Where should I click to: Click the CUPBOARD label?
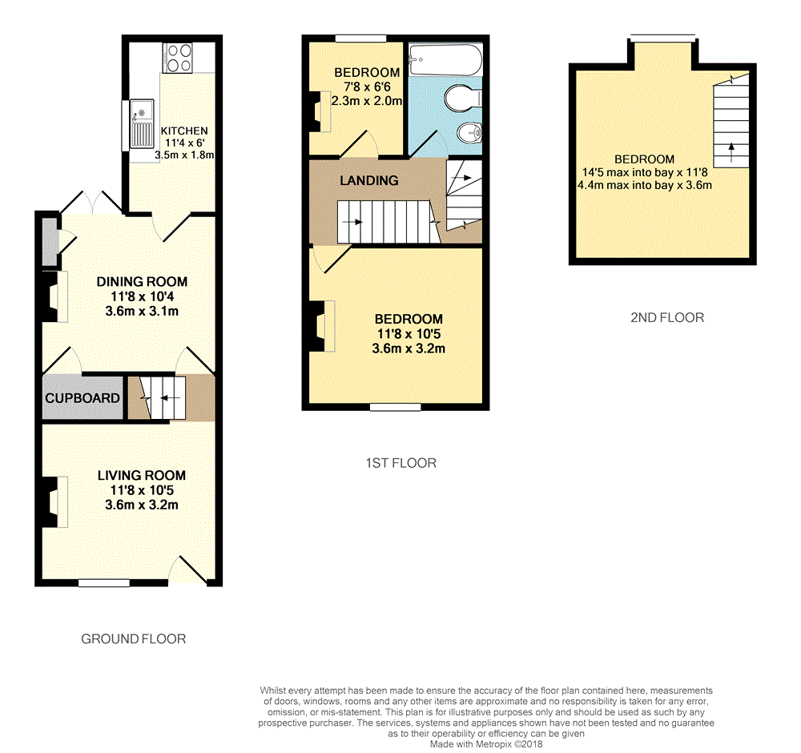pos(83,398)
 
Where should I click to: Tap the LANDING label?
pos(368,180)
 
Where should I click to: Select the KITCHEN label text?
pos(184,131)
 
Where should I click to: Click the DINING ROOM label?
pos(142,281)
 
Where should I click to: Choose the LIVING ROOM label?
pos(142,475)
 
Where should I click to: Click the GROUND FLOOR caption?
pos(134,638)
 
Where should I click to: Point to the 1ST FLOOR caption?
pos(400,463)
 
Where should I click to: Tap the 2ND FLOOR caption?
pos(667,317)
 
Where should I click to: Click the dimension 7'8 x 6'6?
pos(367,87)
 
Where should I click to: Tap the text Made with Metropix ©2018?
pos(485,743)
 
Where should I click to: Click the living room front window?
pos(104,583)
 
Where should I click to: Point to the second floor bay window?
pos(662,36)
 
